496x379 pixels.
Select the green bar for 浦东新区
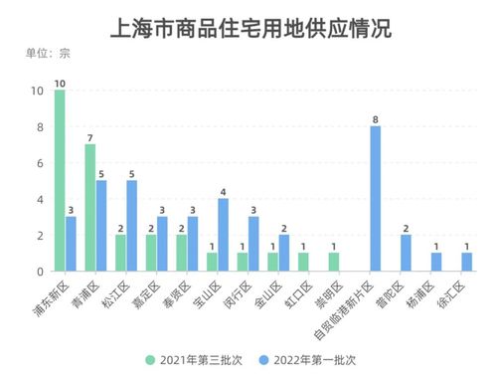[x=60, y=180]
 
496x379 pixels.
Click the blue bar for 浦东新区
[x=71, y=244]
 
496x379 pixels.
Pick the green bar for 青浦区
[x=90, y=207]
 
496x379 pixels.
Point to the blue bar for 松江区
[x=132, y=226]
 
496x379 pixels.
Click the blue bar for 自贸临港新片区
[x=375, y=198]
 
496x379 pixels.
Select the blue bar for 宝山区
[x=223, y=235]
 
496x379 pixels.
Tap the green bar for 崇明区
[x=334, y=262]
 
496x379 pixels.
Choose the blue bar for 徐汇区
[x=466, y=262]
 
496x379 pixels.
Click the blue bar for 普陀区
[x=406, y=253]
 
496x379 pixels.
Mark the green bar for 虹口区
[x=303, y=262]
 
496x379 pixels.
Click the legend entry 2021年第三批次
[x=196, y=359]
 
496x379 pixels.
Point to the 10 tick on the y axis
[x=36, y=91]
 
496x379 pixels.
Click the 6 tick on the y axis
[x=39, y=162]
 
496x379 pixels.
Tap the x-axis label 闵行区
[x=234, y=291]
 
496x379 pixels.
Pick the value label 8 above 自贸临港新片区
[x=375, y=117]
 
